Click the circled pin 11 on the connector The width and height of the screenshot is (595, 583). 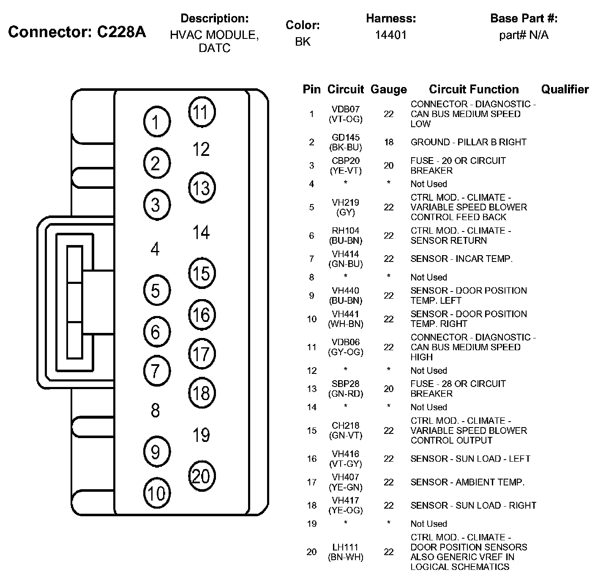[x=202, y=112]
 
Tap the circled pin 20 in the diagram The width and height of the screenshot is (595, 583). [x=202, y=476]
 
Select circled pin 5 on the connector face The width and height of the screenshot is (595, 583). [x=156, y=291]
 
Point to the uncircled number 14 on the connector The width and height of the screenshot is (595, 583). [x=201, y=232]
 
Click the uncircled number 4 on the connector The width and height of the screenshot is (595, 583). [x=155, y=249]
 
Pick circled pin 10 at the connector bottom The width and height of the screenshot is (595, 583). [x=157, y=493]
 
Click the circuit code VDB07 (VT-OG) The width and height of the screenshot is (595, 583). [x=345, y=114]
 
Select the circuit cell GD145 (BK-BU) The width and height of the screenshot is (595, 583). [x=345, y=142]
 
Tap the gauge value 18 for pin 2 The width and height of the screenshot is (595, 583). [x=388, y=142]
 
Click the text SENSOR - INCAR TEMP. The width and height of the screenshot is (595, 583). [x=461, y=259]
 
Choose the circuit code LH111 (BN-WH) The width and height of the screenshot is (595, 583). [x=345, y=552]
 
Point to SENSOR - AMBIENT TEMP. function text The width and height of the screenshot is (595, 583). [x=467, y=482]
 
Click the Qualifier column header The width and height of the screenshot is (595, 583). [x=565, y=89]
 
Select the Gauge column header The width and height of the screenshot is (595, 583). [x=388, y=89]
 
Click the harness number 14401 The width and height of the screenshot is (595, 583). [x=390, y=35]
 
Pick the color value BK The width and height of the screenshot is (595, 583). [x=303, y=41]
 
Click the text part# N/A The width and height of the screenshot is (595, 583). [x=524, y=35]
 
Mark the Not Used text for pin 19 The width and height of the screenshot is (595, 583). [x=429, y=524]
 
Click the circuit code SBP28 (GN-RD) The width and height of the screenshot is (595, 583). [x=345, y=389]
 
